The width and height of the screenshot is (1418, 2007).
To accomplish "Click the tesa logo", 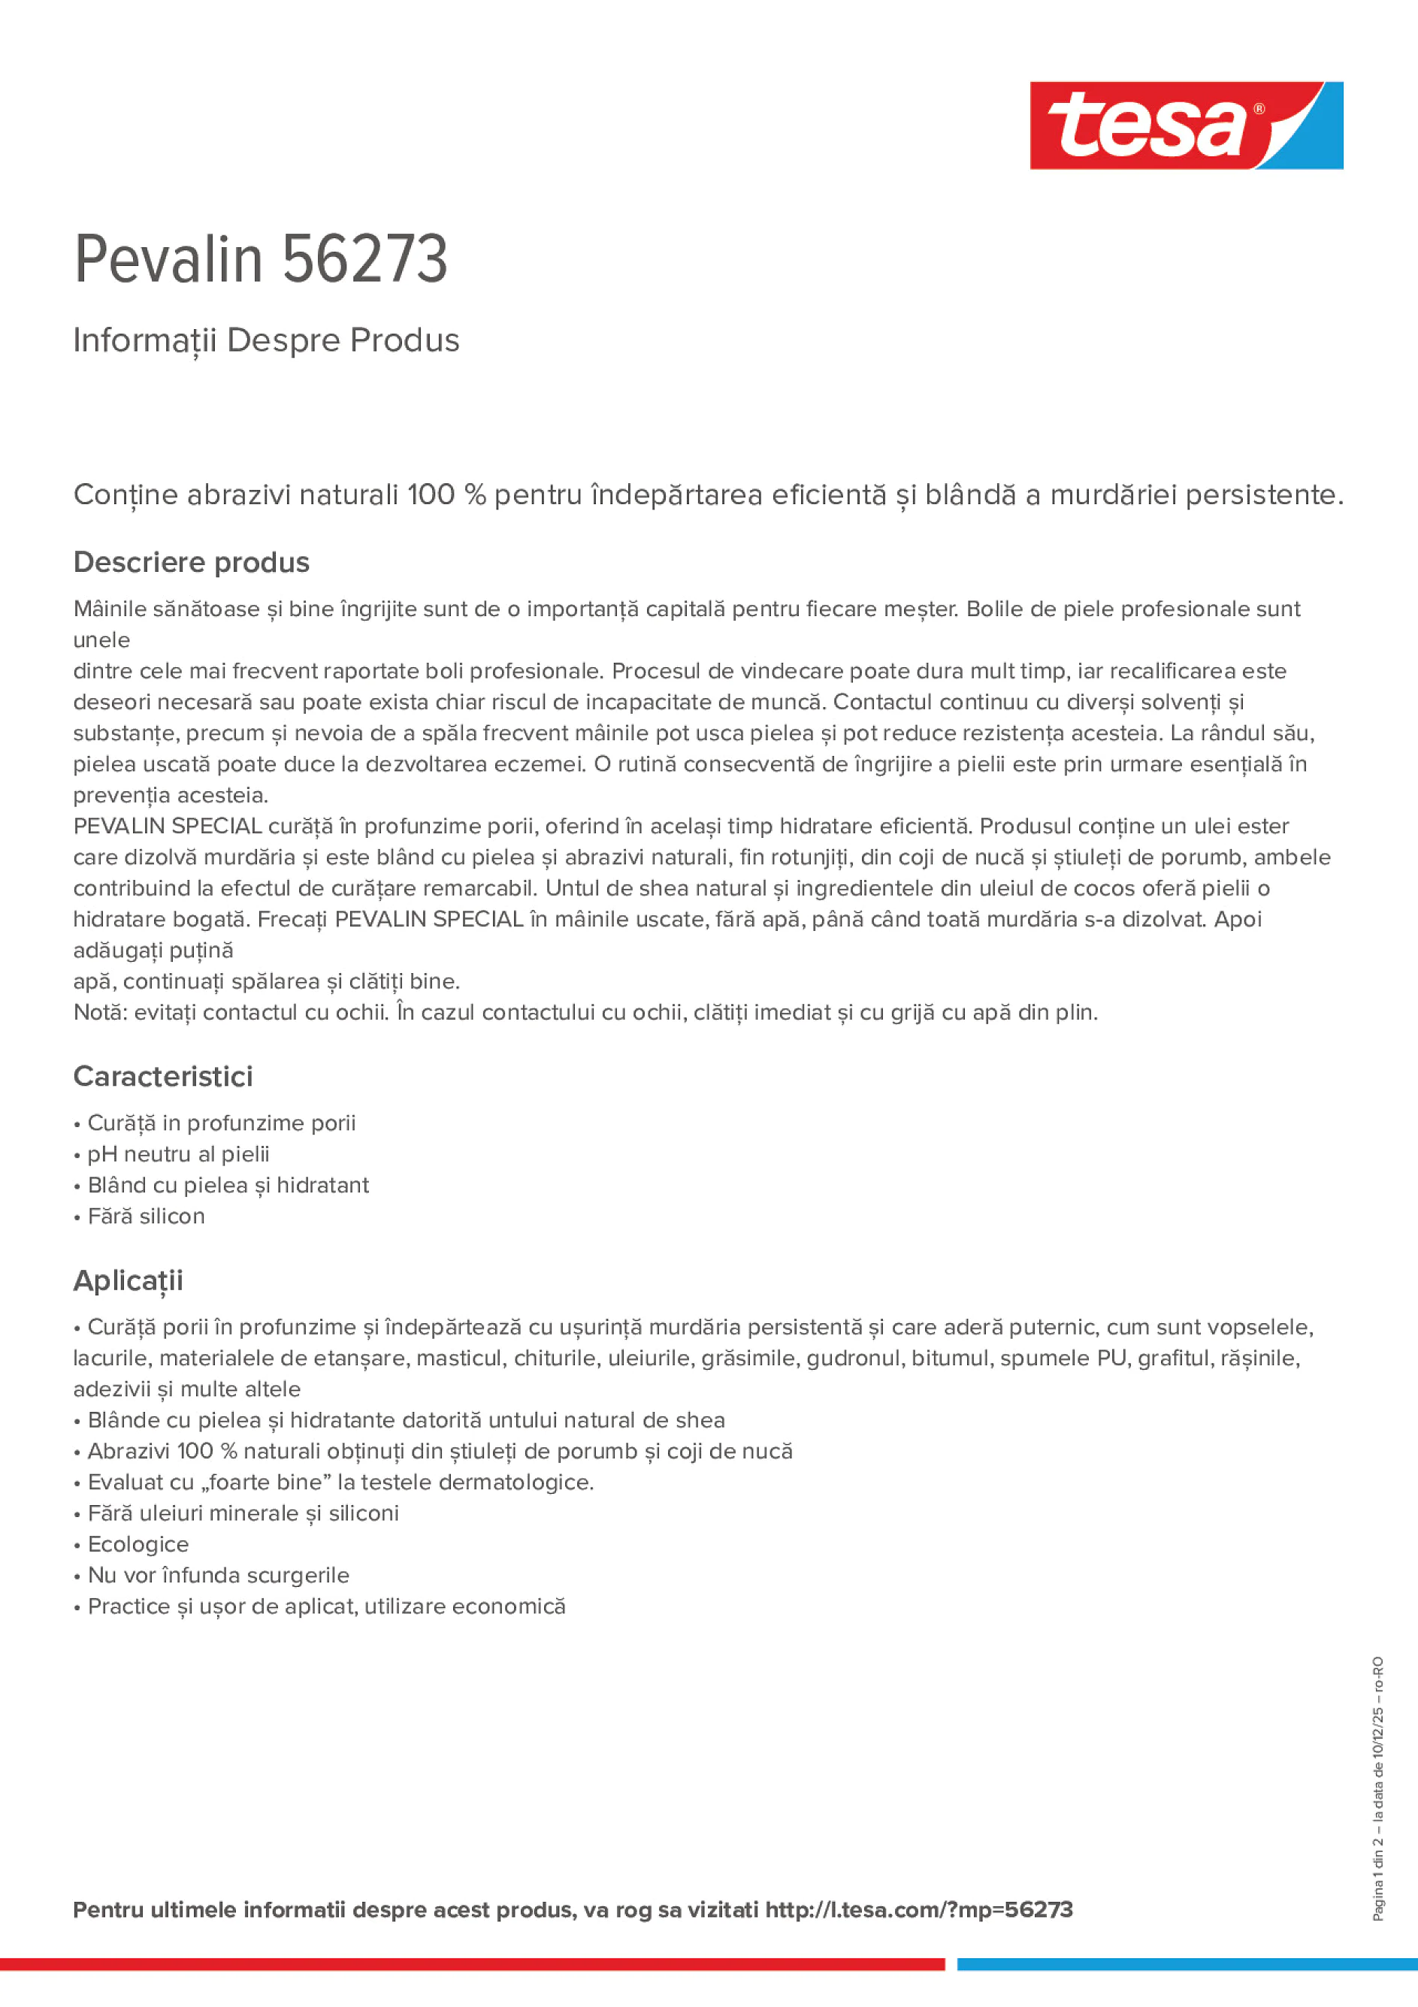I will [x=1186, y=126].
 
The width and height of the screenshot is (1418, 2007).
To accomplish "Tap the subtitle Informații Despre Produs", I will [x=266, y=340].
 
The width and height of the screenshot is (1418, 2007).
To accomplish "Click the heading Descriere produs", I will [x=192, y=562].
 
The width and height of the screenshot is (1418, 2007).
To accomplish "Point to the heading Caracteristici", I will [x=164, y=1076].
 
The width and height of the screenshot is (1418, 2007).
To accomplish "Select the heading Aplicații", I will [x=128, y=1280].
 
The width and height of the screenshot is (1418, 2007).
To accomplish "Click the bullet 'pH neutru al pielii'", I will [x=178, y=1154].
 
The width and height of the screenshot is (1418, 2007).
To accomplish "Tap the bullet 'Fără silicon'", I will [x=146, y=1216].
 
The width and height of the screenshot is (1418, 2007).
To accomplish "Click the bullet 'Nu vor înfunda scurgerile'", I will [x=219, y=1575].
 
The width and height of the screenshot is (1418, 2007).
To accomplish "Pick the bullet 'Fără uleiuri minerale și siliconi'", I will [x=243, y=1513].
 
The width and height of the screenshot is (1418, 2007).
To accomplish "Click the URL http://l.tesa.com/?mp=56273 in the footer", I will [x=919, y=1910].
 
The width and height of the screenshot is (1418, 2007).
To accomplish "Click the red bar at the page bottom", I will [x=472, y=1964].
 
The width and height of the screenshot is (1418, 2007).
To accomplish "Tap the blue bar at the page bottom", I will [x=1187, y=1964].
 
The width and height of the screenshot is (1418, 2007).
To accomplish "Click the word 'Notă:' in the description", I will [x=101, y=1012].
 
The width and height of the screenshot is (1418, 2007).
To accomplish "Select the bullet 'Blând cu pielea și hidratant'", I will [x=228, y=1185].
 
